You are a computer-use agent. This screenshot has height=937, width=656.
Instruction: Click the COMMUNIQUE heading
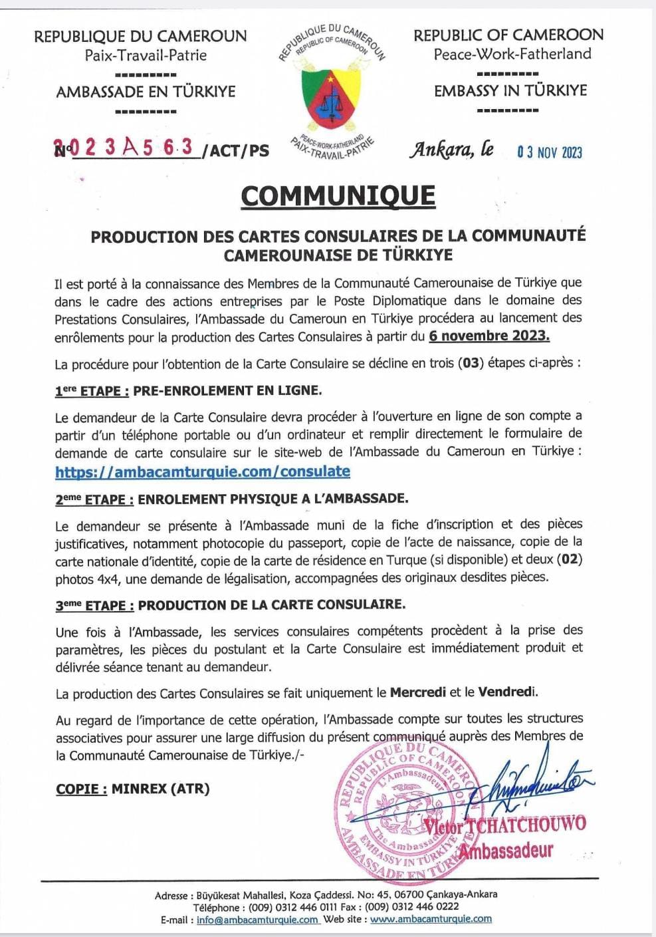coord(338,196)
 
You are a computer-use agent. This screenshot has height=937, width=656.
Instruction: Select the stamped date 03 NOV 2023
coord(550,152)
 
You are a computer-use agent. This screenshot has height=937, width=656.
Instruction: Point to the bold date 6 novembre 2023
coord(489,335)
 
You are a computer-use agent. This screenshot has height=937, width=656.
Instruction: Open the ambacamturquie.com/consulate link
coord(203,471)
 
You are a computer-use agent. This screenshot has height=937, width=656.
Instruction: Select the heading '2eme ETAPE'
coord(94,499)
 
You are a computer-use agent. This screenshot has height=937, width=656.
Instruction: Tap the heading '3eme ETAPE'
coord(94,605)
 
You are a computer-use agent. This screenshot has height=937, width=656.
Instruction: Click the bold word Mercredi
coord(417,692)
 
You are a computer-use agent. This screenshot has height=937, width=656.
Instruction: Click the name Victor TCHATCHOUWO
coord(505,825)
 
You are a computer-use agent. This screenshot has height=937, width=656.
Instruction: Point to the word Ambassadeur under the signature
coord(506,851)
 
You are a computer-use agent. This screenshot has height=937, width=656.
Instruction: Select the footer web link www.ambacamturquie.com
coord(431,919)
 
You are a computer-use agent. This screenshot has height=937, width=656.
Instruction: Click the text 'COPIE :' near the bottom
coord(82,789)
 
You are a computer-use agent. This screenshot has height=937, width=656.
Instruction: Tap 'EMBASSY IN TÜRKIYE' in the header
coord(510,90)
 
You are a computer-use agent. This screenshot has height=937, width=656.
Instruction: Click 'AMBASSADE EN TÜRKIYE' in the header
coord(146,92)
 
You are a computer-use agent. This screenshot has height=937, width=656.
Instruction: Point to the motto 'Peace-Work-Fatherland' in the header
coord(512,54)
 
